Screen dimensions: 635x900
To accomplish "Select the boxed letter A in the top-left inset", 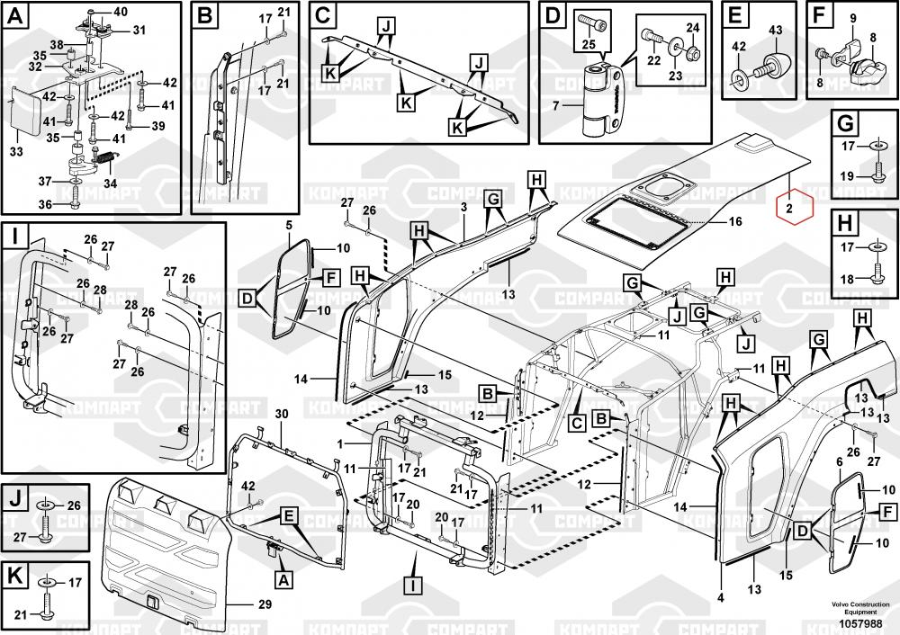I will point(16,14).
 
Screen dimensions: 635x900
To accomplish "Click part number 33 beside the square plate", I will point(16,152).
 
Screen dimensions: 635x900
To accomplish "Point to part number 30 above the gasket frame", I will point(281,413).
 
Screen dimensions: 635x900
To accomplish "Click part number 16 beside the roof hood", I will point(734,220).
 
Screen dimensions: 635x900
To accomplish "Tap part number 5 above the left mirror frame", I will point(290,225).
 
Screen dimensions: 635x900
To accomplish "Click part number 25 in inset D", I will point(589,45).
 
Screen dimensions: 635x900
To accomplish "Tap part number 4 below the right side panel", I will point(721,597).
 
